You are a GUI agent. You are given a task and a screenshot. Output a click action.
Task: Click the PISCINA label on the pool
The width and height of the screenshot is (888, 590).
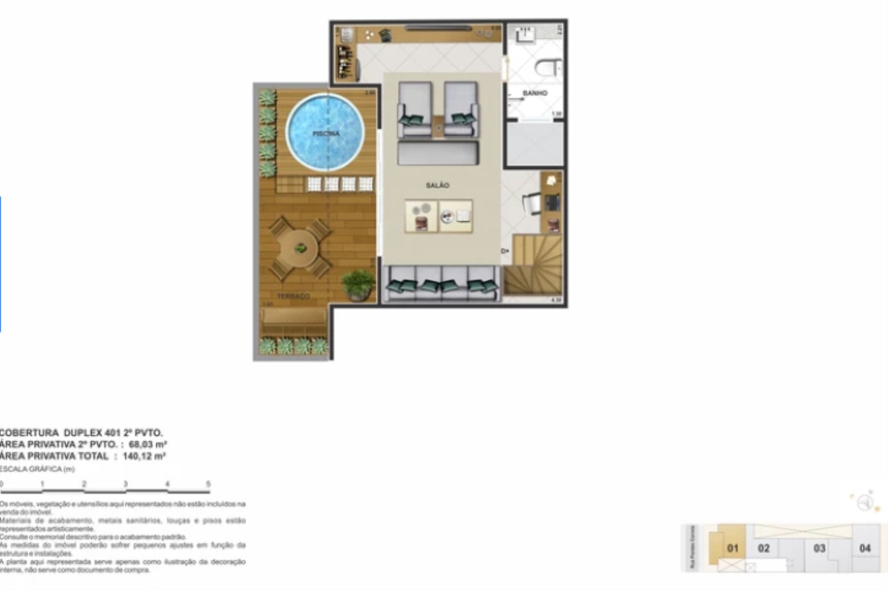tap(326, 134)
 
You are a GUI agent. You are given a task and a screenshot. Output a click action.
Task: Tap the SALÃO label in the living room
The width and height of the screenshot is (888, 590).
tap(437, 185)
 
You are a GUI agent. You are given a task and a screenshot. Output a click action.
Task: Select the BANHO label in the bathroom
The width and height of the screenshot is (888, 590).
tap(535, 93)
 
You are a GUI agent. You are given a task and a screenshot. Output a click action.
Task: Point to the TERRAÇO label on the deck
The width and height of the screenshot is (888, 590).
tap(294, 296)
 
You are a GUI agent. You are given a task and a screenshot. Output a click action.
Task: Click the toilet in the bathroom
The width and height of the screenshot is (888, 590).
tap(548, 68)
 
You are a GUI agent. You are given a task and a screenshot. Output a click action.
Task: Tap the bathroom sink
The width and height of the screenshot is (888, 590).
tap(525, 35)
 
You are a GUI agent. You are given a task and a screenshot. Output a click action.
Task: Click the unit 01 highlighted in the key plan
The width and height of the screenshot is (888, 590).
tap(732, 548)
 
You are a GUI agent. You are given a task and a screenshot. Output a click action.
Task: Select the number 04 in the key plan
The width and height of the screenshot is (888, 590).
tap(864, 548)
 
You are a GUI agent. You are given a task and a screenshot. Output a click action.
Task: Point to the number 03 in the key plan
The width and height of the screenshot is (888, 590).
tap(819, 548)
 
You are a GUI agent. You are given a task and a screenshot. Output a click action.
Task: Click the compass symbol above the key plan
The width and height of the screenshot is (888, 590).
tap(864, 502)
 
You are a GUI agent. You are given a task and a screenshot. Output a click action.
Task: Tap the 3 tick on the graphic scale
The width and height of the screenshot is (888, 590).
tap(125, 485)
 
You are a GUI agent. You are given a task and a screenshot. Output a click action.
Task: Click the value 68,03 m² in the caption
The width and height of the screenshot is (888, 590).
tap(148, 444)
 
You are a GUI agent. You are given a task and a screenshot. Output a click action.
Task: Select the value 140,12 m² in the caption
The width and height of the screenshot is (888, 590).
tap(144, 456)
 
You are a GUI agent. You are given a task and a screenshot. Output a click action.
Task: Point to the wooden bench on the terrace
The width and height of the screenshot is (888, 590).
tap(294, 320)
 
